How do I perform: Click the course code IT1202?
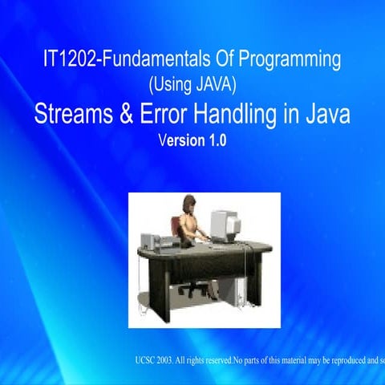[71, 60]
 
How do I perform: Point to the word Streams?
[75, 115]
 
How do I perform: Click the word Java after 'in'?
[329, 115]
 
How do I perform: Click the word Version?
[180, 139]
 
